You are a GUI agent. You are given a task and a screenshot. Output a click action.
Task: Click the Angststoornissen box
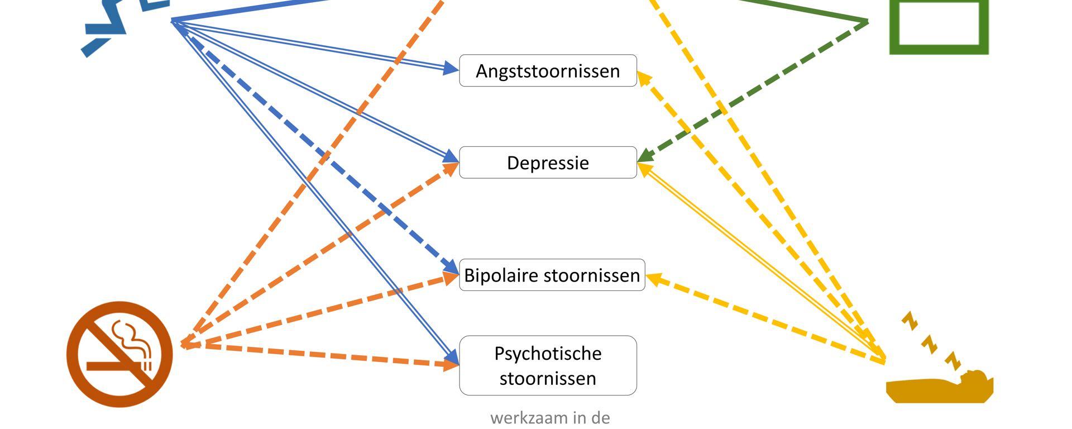coord(548,71)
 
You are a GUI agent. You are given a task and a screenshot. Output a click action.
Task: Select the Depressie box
coord(548,163)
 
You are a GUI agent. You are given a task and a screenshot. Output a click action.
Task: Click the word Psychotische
coord(548,354)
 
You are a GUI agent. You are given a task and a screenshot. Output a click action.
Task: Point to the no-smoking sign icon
coord(119,354)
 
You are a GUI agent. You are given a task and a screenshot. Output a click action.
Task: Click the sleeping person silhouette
coord(940,387)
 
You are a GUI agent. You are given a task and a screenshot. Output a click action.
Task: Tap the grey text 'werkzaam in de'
coord(550,418)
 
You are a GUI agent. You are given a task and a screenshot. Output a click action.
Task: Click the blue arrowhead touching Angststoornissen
coord(451,69)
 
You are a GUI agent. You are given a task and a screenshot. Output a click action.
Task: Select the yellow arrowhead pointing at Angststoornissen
coord(644,78)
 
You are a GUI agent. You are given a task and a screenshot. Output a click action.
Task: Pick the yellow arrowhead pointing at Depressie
coord(645,168)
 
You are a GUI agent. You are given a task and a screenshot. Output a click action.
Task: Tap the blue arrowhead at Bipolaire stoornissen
coord(451,267)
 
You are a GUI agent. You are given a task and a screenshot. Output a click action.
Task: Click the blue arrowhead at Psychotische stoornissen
coord(452,357)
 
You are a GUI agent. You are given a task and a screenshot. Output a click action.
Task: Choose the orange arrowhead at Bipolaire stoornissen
coord(451,277)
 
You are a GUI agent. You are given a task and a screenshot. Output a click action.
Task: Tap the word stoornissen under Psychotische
coord(548,379)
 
